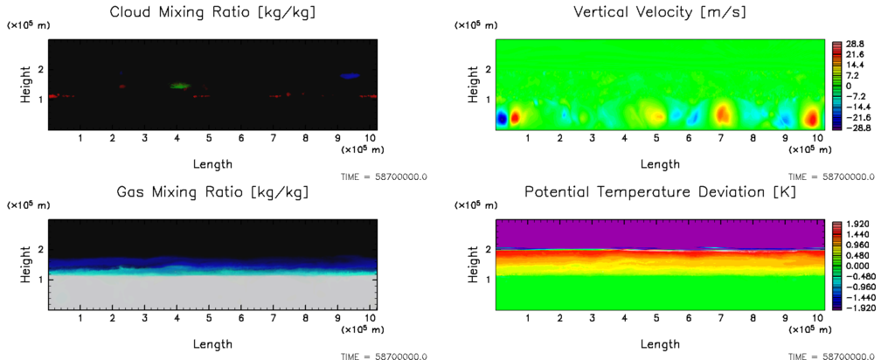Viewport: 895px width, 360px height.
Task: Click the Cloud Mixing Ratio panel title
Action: tap(213, 12)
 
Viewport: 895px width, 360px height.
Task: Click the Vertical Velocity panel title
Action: tap(661, 12)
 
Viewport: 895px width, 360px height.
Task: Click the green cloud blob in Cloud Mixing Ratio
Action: tap(180, 86)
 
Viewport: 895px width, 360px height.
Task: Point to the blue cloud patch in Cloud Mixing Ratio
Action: tap(350, 76)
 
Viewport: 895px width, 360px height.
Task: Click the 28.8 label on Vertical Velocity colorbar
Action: tap(854, 43)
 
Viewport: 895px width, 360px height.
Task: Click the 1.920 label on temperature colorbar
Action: tap(857, 224)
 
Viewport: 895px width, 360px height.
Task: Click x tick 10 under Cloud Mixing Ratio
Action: tap(370, 138)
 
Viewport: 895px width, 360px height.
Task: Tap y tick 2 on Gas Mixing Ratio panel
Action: tap(39, 250)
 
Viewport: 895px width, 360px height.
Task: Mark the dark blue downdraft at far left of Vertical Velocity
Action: tap(502, 116)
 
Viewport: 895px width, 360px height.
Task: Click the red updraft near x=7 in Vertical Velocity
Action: tap(723, 114)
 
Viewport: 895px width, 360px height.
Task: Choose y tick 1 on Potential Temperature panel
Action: tap(488, 279)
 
